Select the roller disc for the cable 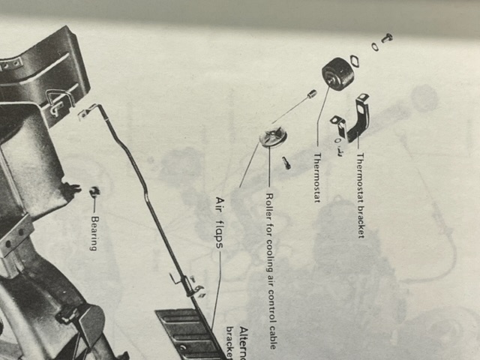pyautogui.click(x=273, y=138)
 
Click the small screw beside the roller pyautogui.click(x=286, y=161)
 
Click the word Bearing pyautogui.click(x=94, y=234)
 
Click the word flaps pyautogui.click(x=221, y=230)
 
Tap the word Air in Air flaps pyautogui.click(x=221, y=203)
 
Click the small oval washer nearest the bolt pyautogui.click(x=374, y=46)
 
